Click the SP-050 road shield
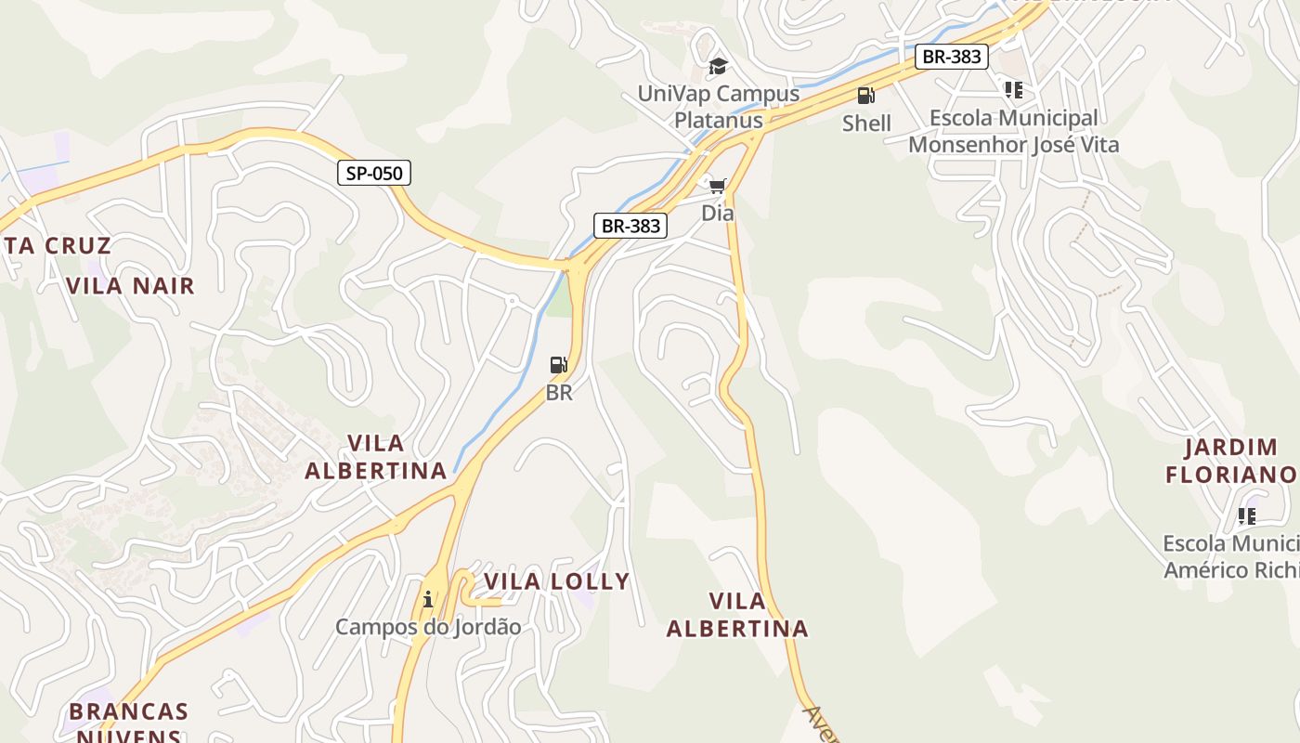(373, 173)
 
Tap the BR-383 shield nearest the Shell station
(950, 57)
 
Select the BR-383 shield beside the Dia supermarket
(630, 226)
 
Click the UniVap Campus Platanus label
(718, 107)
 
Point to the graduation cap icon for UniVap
(718, 66)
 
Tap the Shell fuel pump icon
(865, 95)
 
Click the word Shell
(866, 123)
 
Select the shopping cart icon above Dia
(717, 187)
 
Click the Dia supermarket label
(717, 213)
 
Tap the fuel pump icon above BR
(558, 365)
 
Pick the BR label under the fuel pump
(559, 393)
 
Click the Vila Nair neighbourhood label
(131, 285)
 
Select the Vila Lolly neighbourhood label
(557, 581)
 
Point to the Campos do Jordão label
(428, 627)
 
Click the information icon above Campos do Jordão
(428, 599)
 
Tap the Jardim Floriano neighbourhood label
(1231, 461)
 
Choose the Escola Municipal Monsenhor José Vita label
(1013, 131)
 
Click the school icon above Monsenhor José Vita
(1013, 90)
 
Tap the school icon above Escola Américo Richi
(1246, 515)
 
